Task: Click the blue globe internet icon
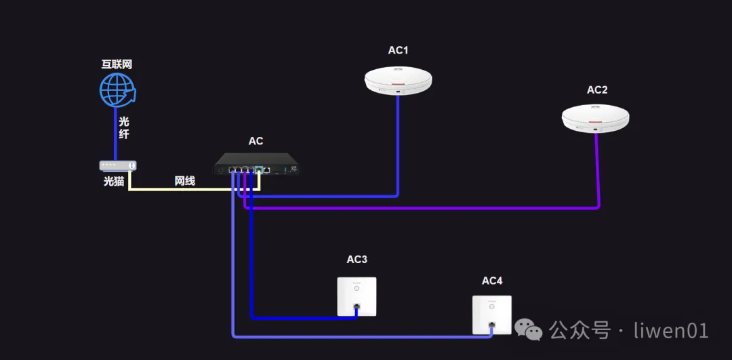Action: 117,89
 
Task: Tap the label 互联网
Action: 117,65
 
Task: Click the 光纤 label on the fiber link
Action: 124,127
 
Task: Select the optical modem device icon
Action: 118,165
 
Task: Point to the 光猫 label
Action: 114,181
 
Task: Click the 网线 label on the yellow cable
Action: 184,181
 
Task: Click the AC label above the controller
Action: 256,141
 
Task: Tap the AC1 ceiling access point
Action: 398,80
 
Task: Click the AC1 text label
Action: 398,50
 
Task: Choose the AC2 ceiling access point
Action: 596,118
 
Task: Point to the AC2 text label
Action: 597,89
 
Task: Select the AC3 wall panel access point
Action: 357,296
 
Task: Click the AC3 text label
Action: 357,260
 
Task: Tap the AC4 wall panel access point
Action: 492,315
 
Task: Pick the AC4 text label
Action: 492,281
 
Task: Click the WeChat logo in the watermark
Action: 529,330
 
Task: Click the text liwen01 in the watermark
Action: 671,330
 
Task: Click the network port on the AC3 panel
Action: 357,307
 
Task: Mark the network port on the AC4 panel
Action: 492,326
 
